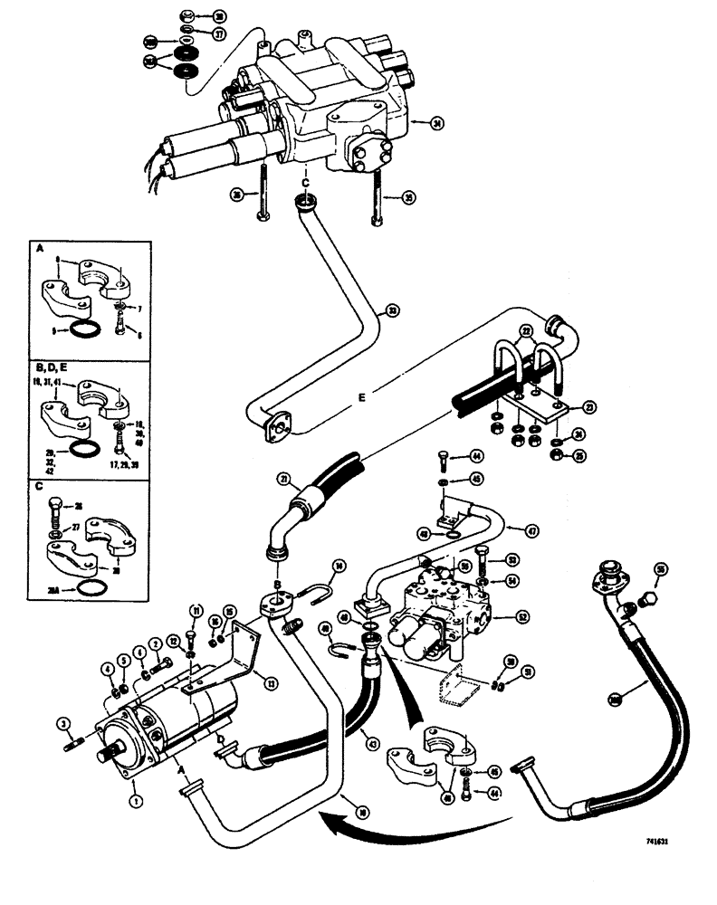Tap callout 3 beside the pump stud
tap(62, 721)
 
